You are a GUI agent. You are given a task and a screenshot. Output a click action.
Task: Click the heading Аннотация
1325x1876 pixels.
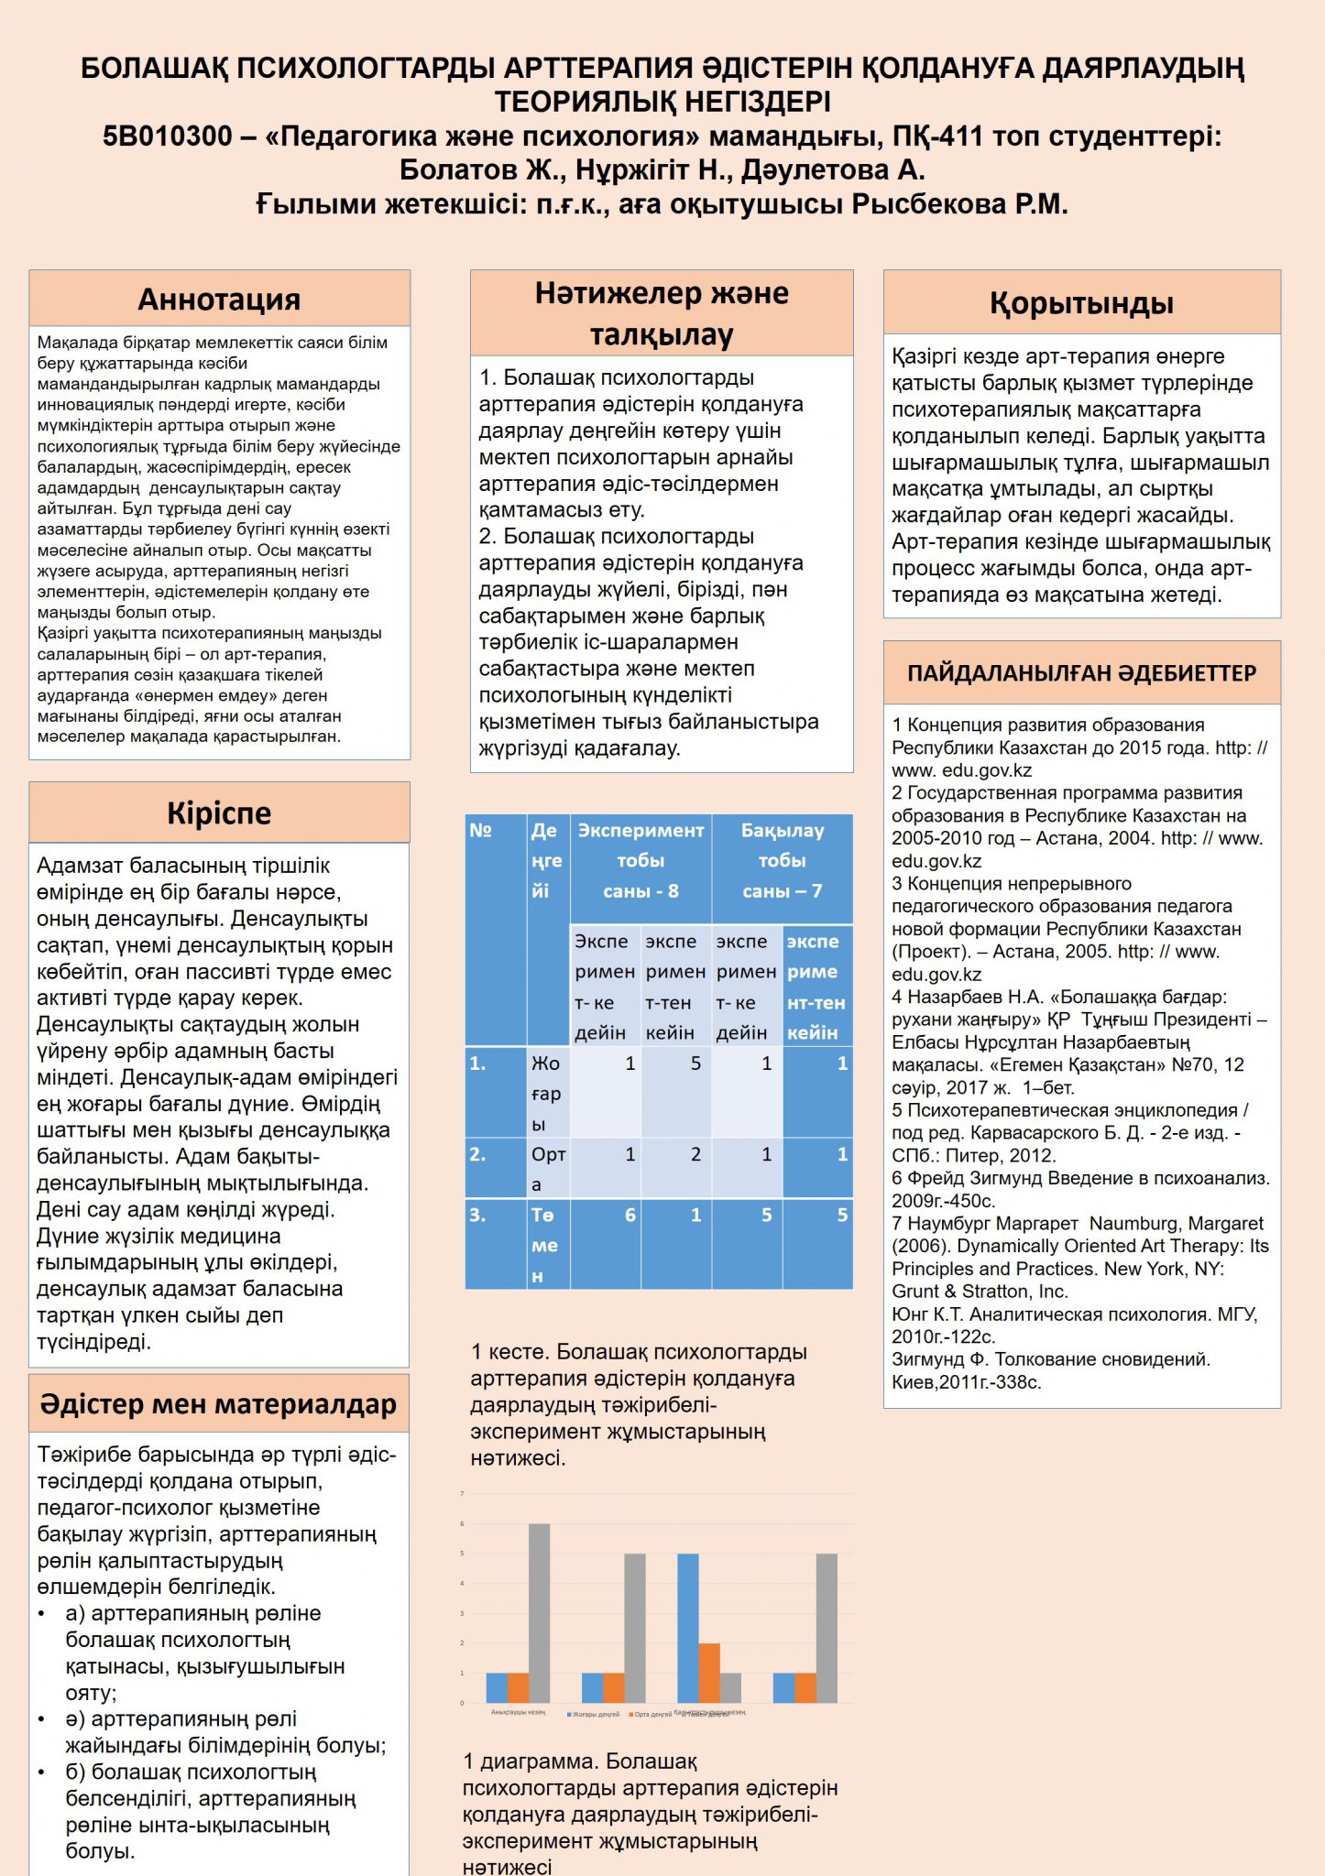pos(219,300)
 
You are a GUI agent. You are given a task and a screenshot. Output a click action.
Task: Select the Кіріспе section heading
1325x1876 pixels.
pos(219,813)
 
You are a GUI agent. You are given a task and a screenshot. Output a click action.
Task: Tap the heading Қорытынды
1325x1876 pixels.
pos(1081,303)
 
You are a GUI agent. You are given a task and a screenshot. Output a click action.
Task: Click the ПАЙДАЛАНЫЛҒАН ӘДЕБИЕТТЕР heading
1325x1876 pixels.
pos(1081,673)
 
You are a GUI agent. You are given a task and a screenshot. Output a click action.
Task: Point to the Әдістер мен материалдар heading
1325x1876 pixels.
pos(218,1404)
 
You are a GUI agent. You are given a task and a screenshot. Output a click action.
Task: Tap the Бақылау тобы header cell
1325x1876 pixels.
pos(782,860)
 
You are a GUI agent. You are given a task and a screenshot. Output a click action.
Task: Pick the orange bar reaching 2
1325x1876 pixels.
pos(709,1673)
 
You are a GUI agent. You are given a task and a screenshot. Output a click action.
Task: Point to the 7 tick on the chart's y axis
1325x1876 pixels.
pos(462,1494)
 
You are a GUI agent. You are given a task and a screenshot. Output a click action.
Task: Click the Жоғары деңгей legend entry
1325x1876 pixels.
pos(595,1714)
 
